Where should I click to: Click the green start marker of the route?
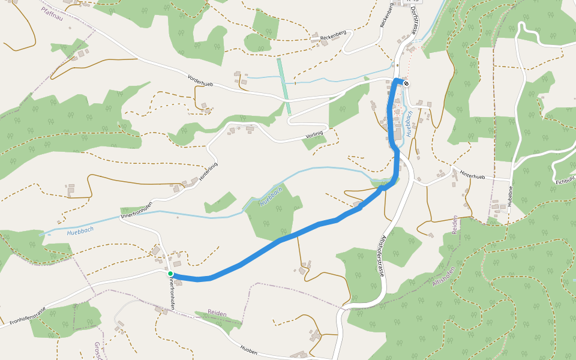click(x=170, y=274)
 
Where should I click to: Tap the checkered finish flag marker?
click(x=406, y=83)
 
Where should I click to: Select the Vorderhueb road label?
click(x=200, y=81)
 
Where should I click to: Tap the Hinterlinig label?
click(x=208, y=172)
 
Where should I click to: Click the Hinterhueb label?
click(x=472, y=176)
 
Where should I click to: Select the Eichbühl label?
click(x=565, y=181)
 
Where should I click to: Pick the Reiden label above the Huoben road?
click(x=217, y=313)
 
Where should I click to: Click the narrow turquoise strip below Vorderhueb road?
click(x=284, y=86)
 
